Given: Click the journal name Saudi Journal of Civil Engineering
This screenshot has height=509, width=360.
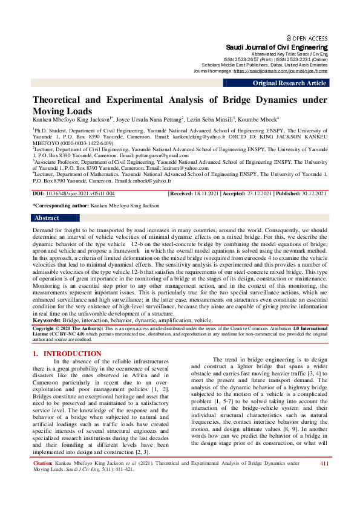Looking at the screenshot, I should click(x=277, y=47).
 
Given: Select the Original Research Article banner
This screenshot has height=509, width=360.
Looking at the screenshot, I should click(x=289, y=83).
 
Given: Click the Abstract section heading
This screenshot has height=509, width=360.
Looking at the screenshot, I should click(x=47, y=217).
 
